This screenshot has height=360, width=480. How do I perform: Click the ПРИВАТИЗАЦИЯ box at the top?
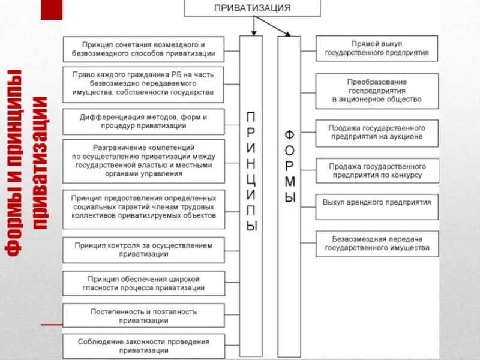point(252,8)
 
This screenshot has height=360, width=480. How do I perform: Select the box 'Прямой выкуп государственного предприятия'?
point(377,49)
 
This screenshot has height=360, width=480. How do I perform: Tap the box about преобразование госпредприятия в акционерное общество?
point(377,91)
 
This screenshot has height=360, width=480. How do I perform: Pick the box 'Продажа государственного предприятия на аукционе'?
point(377,133)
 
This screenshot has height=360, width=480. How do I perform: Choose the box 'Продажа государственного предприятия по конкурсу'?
point(377,171)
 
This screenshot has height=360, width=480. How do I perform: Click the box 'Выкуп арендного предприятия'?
point(377,203)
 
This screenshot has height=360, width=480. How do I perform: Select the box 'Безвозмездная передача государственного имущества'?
point(377,243)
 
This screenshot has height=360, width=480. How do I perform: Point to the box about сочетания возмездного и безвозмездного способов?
point(144,49)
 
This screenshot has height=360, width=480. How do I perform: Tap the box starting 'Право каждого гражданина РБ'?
point(144,85)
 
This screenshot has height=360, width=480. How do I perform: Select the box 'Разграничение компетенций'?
point(144,160)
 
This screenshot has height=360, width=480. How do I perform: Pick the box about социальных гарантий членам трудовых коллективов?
point(144,207)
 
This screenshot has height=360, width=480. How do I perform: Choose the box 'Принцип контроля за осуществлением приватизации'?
point(144,250)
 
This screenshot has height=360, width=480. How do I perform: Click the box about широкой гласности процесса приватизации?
point(144,283)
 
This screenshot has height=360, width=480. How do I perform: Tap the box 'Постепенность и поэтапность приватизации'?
point(144,316)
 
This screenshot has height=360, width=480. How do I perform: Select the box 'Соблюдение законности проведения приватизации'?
point(144,346)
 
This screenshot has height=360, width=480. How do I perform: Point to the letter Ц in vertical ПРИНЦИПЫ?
point(251,178)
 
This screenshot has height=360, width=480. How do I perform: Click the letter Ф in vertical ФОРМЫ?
point(289,134)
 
